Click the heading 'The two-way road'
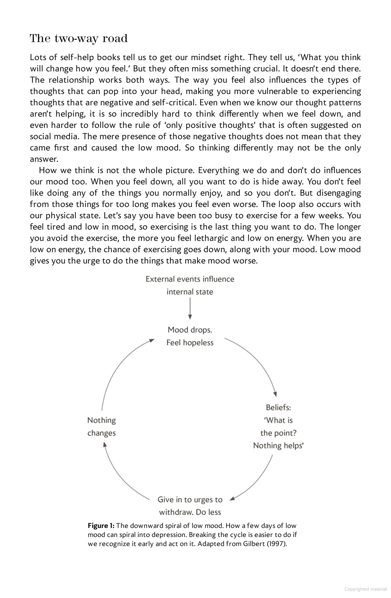click(x=79, y=38)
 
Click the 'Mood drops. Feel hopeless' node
click(x=190, y=336)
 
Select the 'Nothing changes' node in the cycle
click(x=101, y=427)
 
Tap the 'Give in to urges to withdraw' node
click(x=190, y=506)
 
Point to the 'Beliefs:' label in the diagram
click(x=278, y=407)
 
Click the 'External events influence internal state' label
click(x=190, y=285)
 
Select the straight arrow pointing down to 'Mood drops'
click(x=190, y=308)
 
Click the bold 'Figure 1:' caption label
click(x=101, y=526)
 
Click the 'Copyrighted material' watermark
click(x=365, y=589)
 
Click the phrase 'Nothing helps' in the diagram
click(x=278, y=446)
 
